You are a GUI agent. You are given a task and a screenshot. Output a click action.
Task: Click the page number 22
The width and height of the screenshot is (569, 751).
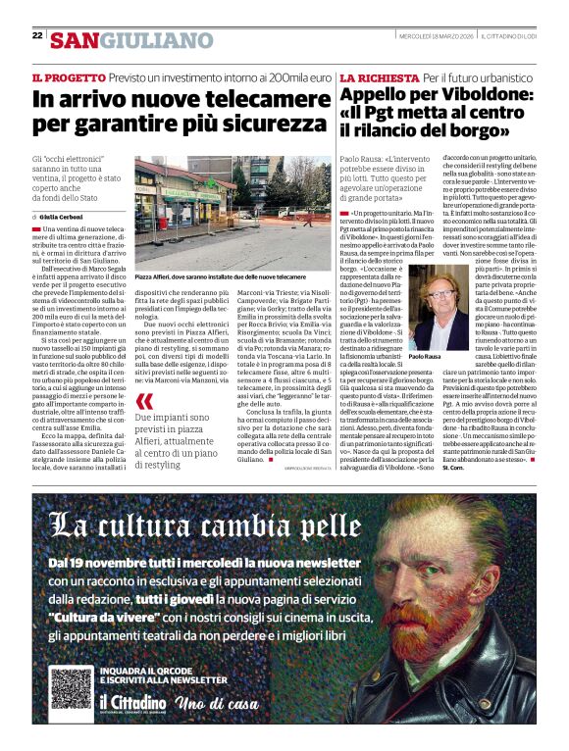click(x=37, y=35)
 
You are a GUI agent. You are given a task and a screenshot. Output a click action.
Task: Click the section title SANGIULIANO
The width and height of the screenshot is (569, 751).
click(x=131, y=40)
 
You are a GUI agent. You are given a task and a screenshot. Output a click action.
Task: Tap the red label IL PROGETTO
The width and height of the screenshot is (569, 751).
click(x=67, y=76)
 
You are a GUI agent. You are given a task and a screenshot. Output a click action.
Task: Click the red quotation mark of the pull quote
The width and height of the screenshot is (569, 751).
click(x=144, y=401)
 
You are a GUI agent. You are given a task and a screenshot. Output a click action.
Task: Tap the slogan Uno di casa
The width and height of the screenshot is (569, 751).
click(x=218, y=704)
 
